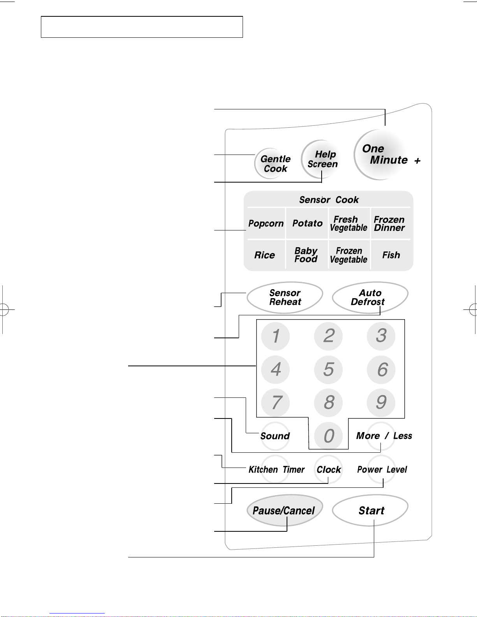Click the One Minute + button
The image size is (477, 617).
pyautogui.click(x=380, y=155)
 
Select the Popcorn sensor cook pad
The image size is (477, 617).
pyautogui.click(x=266, y=223)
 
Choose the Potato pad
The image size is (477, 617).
pyautogui.click(x=307, y=223)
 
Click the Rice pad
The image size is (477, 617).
pyautogui.click(x=265, y=255)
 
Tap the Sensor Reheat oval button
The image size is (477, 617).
pyautogui.click(x=285, y=297)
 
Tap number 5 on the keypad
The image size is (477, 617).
pyautogui.click(x=328, y=369)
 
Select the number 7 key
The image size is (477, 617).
pyautogui.click(x=275, y=403)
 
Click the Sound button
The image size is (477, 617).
pyautogui.click(x=275, y=436)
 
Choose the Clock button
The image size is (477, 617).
pyautogui.click(x=328, y=469)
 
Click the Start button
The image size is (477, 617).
pyautogui.click(x=370, y=510)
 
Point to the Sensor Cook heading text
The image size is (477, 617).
pyautogui.click(x=329, y=200)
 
